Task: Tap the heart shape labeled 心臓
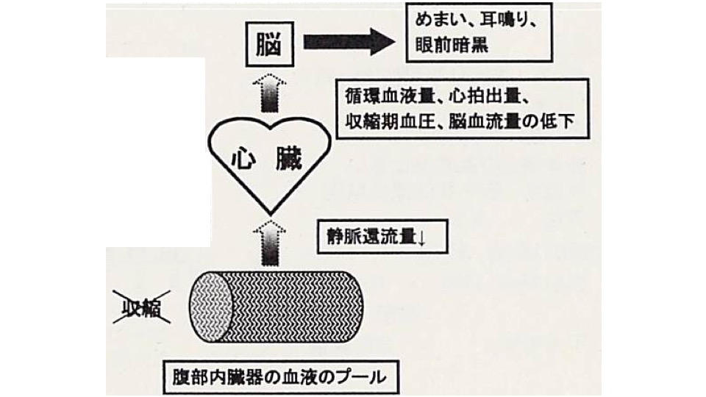[268, 162]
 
